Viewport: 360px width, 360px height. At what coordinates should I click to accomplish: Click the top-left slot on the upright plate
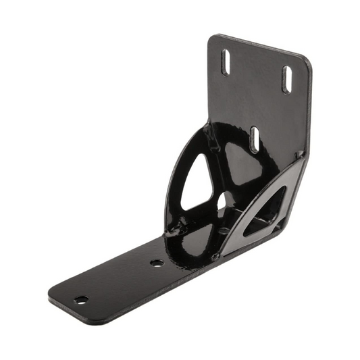coord(227,62)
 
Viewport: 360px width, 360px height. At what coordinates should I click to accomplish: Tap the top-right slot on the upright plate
coord(287,79)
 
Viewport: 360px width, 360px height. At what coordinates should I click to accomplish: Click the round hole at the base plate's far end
coord(81,299)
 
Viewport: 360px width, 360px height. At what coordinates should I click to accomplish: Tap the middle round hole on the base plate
coord(157,263)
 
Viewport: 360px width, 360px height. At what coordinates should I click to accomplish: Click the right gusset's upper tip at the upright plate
coord(299,157)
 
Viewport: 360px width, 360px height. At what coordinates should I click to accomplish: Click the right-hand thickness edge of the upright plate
coord(310,108)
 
